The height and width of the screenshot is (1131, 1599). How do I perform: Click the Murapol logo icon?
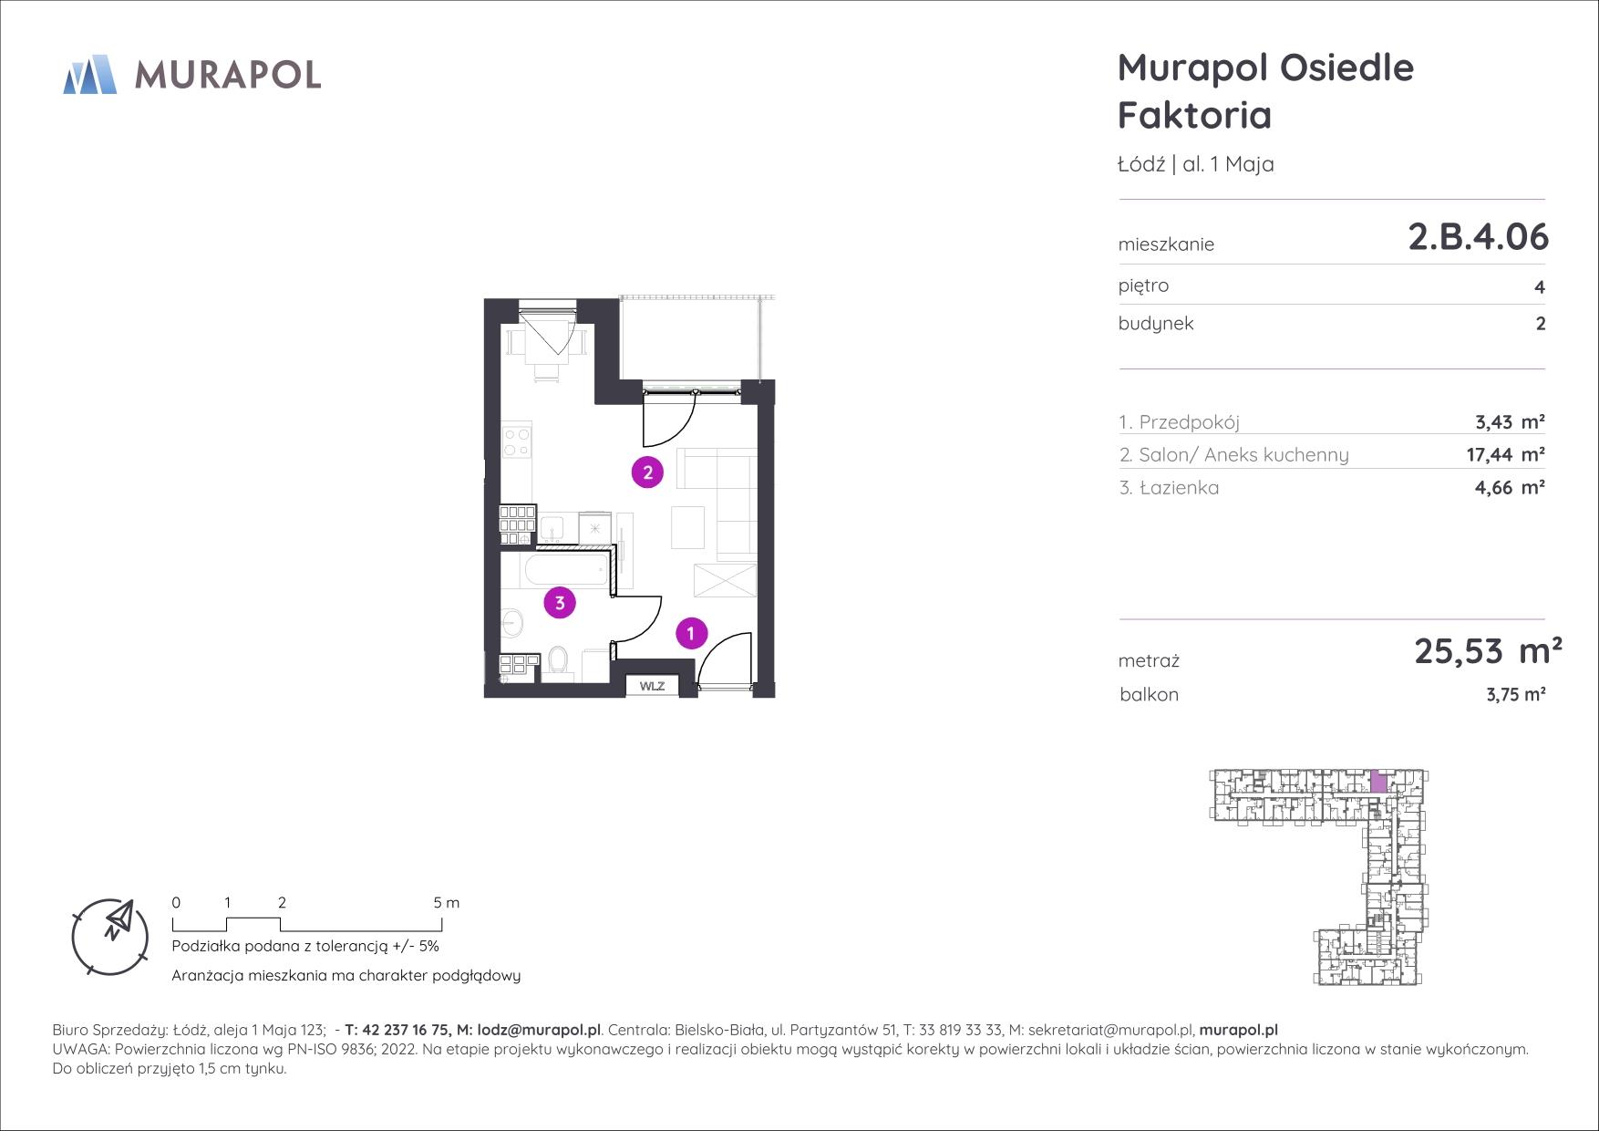(89, 74)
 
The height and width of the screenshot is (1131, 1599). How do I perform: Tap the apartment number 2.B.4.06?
(1478, 237)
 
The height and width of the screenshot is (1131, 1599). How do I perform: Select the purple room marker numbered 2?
(647, 472)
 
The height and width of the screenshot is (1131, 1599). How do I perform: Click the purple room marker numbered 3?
(560, 602)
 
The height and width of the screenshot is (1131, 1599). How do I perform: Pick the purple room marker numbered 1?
(691, 633)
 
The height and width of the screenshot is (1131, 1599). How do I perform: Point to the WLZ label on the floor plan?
(652, 686)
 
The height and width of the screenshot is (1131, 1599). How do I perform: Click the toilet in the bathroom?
(559, 663)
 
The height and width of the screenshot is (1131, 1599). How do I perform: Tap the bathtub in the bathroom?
(565, 572)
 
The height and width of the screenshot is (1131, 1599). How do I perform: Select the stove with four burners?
(517, 441)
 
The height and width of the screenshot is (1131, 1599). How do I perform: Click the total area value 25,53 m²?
(1488, 651)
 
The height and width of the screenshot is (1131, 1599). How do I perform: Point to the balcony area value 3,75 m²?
(1515, 695)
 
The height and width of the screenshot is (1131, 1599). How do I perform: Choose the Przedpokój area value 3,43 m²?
(1510, 422)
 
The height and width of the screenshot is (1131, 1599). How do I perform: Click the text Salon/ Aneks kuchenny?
(1243, 455)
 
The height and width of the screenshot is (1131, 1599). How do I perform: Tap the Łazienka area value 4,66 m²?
(1510, 488)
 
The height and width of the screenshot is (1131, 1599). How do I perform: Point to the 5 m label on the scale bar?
(447, 903)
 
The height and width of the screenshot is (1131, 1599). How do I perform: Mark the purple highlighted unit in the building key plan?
(1379, 782)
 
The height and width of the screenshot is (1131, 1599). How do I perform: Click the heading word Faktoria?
(1194, 116)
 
